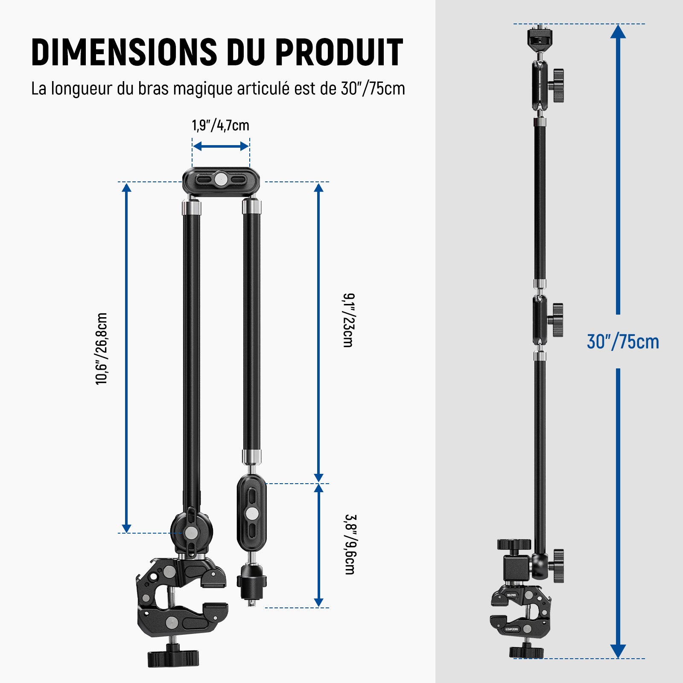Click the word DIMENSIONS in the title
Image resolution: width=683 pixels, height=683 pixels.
pyautogui.click(x=124, y=52)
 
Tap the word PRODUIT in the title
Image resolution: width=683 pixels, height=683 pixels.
pyautogui.click(x=339, y=52)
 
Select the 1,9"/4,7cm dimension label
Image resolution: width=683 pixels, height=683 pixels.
pyautogui.click(x=220, y=126)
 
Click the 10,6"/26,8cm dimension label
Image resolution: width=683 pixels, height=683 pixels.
pyautogui.click(x=102, y=349)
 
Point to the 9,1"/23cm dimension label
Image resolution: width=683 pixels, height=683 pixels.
pyautogui.click(x=348, y=320)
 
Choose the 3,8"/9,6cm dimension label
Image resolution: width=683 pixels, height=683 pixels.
pyautogui.click(x=350, y=544)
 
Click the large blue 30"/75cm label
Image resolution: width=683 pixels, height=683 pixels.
pyautogui.click(x=623, y=342)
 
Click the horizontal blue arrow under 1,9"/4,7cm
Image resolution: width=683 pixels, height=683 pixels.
pyautogui.click(x=221, y=146)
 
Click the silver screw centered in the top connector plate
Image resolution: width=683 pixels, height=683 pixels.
pyautogui.click(x=221, y=179)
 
